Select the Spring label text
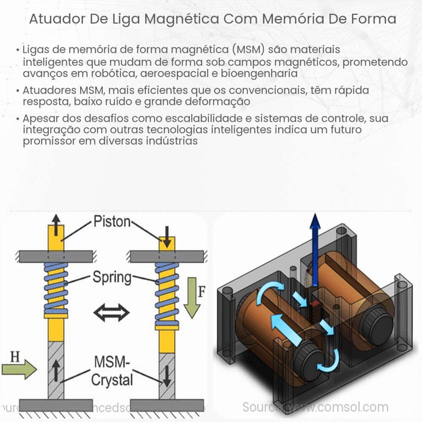[x=112, y=278]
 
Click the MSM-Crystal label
[x=112, y=372]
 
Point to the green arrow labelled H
[x=19, y=370]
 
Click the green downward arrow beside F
[x=192, y=298]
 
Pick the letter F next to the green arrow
[x=202, y=292]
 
